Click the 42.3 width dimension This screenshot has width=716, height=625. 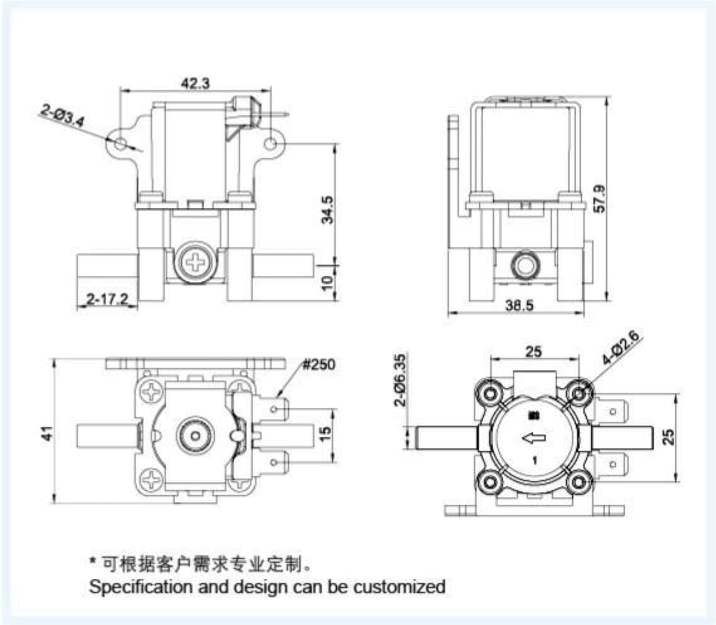pos(196,83)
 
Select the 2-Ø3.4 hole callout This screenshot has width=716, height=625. pos(62,117)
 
